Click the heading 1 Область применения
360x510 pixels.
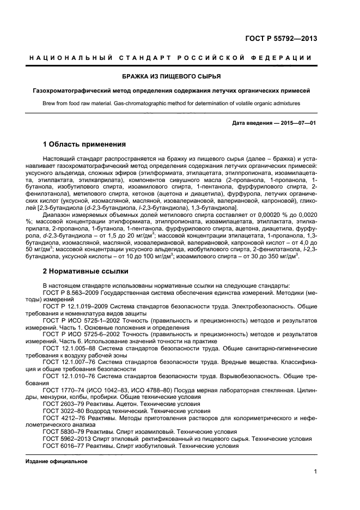point(84,144)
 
